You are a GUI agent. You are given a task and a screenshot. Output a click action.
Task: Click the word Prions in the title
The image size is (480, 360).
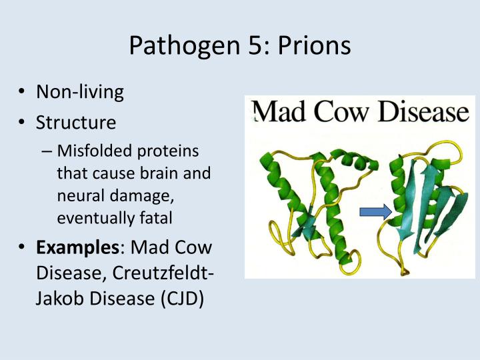[x=314, y=47]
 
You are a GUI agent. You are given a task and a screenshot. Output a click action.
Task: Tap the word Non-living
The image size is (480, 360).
[x=80, y=91]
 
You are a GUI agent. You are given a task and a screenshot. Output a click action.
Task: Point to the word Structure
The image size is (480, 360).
[x=76, y=123]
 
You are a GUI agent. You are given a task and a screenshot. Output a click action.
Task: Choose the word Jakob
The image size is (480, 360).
[x=60, y=298]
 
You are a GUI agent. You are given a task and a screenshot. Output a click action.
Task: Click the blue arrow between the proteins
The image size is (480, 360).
[x=375, y=213]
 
